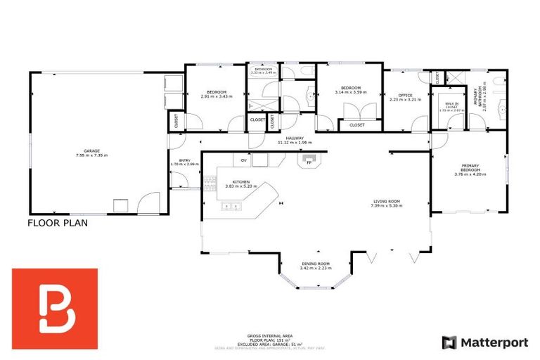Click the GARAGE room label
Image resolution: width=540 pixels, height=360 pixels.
(92, 150)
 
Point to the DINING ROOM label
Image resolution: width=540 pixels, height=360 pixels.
(314, 264)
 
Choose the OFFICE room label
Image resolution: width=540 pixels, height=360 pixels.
(404, 95)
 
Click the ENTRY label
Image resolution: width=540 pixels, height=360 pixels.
(185, 160)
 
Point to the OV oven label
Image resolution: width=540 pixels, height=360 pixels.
(244, 159)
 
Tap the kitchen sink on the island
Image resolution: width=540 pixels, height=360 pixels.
(230, 206)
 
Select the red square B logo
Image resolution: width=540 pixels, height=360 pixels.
(55, 299)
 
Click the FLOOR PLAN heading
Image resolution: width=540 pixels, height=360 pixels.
(57, 224)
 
